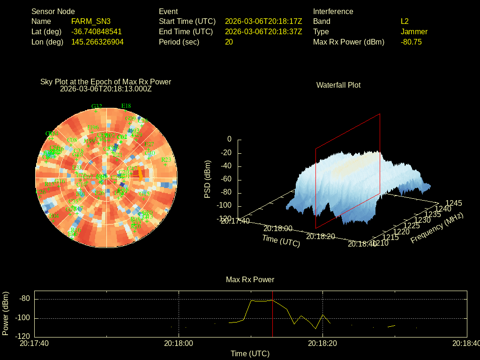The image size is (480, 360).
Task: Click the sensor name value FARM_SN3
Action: tap(91, 21)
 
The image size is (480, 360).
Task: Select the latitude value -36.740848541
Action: tap(97, 31)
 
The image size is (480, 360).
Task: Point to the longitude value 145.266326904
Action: tap(97, 42)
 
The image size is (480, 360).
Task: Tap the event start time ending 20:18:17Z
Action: tap(263, 21)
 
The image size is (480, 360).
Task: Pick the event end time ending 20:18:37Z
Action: tap(263, 31)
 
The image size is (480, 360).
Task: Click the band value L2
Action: tap(405, 21)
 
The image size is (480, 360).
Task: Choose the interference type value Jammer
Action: tap(414, 31)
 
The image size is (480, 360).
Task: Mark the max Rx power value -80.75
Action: tap(411, 42)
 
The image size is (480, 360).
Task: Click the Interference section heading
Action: tap(333, 11)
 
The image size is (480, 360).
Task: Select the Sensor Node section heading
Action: tap(53, 11)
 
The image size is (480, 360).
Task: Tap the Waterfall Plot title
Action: tap(338, 85)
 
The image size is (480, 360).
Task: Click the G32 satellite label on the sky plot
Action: tap(97, 106)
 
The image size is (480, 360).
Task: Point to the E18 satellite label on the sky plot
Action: tap(126, 106)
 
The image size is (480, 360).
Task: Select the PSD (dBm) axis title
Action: tap(208, 179)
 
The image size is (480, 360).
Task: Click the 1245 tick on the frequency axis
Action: tap(453, 203)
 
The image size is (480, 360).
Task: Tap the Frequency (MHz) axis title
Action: tap(437, 228)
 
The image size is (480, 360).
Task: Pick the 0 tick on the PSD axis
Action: tap(229, 139)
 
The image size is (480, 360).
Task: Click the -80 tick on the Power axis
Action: tap(25, 299)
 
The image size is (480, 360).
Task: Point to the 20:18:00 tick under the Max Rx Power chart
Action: tap(179, 343)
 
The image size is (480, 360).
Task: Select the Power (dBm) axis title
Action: tap(6, 313)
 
